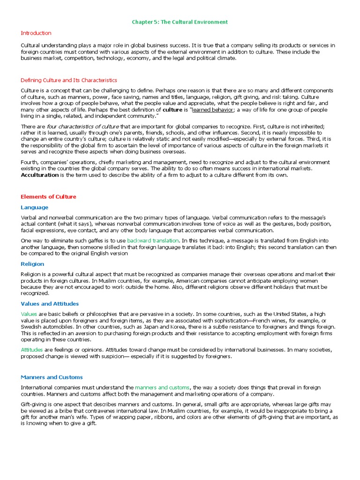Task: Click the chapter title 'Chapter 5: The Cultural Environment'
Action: [x=180, y=22]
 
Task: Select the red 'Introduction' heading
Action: [x=36, y=33]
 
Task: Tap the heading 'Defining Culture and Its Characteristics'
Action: [x=69, y=80]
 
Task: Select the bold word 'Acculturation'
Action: [x=40, y=175]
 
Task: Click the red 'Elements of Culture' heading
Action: [x=48, y=196]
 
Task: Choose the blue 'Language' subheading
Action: [x=34, y=207]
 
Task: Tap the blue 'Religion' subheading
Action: [x=32, y=264]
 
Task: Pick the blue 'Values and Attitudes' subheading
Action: [x=50, y=304]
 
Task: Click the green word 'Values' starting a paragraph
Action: [x=29, y=314]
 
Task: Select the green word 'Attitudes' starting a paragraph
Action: [x=31, y=350]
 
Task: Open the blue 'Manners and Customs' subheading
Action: [x=52, y=377]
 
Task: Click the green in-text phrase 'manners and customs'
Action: [x=162, y=387]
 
